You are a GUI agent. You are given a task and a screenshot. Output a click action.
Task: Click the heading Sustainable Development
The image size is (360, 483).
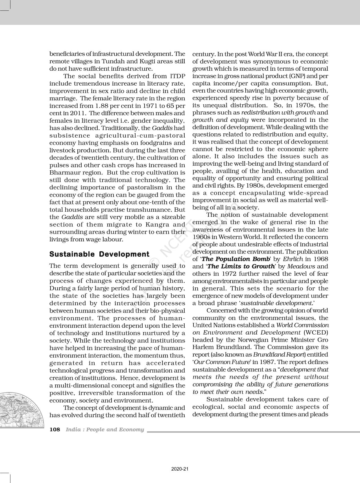tap(99, 254)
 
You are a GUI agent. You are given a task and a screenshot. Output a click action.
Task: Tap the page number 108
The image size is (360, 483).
tap(55, 430)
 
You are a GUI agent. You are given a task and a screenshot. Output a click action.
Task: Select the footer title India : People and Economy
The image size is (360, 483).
tap(105, 430)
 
